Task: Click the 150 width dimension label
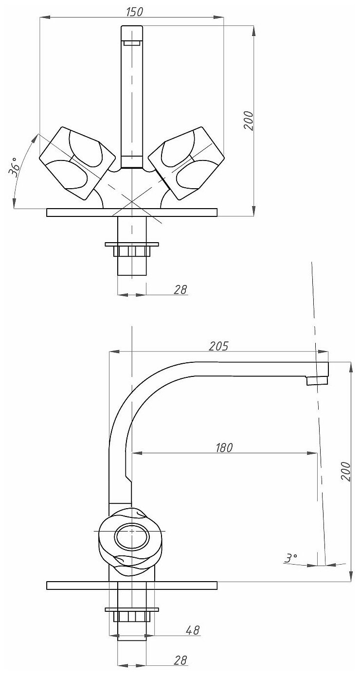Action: point(134,12)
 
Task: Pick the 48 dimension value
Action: point(193,630)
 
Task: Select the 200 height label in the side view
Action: point(345,471)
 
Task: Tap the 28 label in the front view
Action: point(180,290)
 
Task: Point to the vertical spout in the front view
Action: point(132,92)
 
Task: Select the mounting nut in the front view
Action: point(132,250)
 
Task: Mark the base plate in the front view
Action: point(132,212)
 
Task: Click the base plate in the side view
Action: point(132,585)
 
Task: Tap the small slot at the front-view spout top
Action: point(132,43)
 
